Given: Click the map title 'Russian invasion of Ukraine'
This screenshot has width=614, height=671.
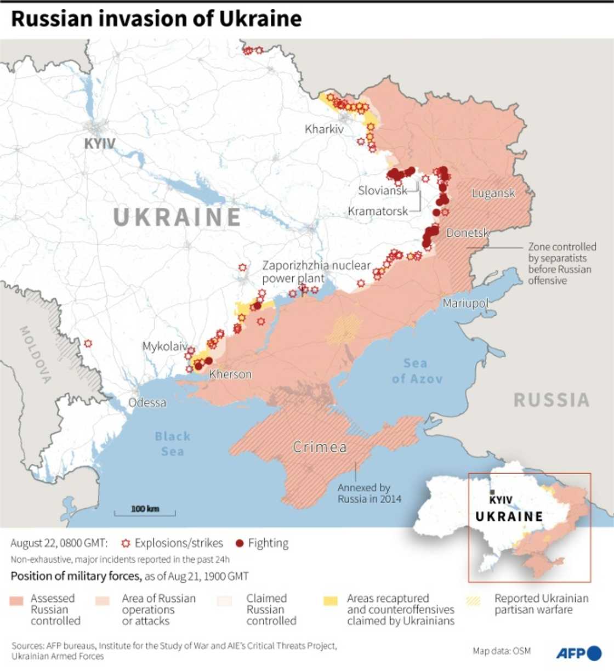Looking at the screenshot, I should [156, 19].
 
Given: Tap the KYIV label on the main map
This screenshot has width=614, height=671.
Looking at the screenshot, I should [99, 144].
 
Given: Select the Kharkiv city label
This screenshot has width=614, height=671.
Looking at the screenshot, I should [324, 129].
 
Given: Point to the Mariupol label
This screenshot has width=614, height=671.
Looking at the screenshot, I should [465, 303].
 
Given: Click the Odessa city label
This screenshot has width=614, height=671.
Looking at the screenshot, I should [147, 402].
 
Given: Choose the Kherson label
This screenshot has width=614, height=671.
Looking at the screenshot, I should [230, 374].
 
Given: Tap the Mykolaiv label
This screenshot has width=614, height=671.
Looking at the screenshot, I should [164, 346].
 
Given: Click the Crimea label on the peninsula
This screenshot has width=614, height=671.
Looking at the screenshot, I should [320, 447].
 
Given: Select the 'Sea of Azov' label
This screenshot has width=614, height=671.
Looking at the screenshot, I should [417, 371].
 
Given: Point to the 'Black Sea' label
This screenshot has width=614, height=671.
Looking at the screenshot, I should [172, 444].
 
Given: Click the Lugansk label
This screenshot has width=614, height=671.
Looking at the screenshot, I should [493, 193].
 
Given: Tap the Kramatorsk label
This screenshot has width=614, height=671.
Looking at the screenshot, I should [378, 211].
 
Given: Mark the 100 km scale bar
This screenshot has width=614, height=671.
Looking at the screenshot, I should [145, 511].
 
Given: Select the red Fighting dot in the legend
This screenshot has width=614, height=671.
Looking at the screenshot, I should [239, 543].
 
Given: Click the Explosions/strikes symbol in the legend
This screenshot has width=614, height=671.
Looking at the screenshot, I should [126, 543].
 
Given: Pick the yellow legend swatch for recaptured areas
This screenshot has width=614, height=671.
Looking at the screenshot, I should [331, 601].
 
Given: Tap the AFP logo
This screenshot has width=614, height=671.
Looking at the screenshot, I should [578, 653].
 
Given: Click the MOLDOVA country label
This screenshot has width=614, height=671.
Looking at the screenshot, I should [36, 354].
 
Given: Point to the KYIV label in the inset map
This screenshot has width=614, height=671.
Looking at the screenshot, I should [501, 500].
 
